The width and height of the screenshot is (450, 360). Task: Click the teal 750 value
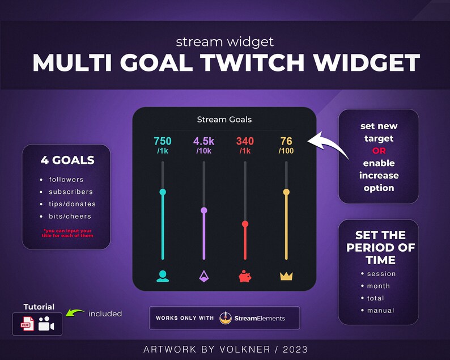tap(163, 141)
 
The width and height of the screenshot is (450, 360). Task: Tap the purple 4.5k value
tap(204, 141)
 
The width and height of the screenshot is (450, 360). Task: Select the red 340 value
tap(245, 141)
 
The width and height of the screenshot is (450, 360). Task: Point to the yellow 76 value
tap(286, 141)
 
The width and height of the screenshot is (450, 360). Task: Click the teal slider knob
tap(163, 192)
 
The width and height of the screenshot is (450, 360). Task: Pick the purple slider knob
tap(204, 210)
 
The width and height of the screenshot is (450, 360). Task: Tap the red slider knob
tap(245, 224)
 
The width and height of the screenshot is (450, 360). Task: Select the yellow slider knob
tap(286, 192)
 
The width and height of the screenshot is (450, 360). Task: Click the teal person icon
tap(163, 276)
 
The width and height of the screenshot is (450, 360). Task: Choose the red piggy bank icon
tap(245, 277)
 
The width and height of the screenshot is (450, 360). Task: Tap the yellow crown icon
tap(286, 277)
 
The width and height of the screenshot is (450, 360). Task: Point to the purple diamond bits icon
tap(204, 276)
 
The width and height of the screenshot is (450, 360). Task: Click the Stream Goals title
tap(224, 120)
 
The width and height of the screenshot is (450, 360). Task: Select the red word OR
tap(379, 151)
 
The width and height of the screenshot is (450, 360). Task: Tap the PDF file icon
tap(27, 324)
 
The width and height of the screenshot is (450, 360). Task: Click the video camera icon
tap(46, 325)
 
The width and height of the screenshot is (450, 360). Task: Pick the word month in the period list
tap(379, 286)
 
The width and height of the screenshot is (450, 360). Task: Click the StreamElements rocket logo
tap(226, 318)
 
